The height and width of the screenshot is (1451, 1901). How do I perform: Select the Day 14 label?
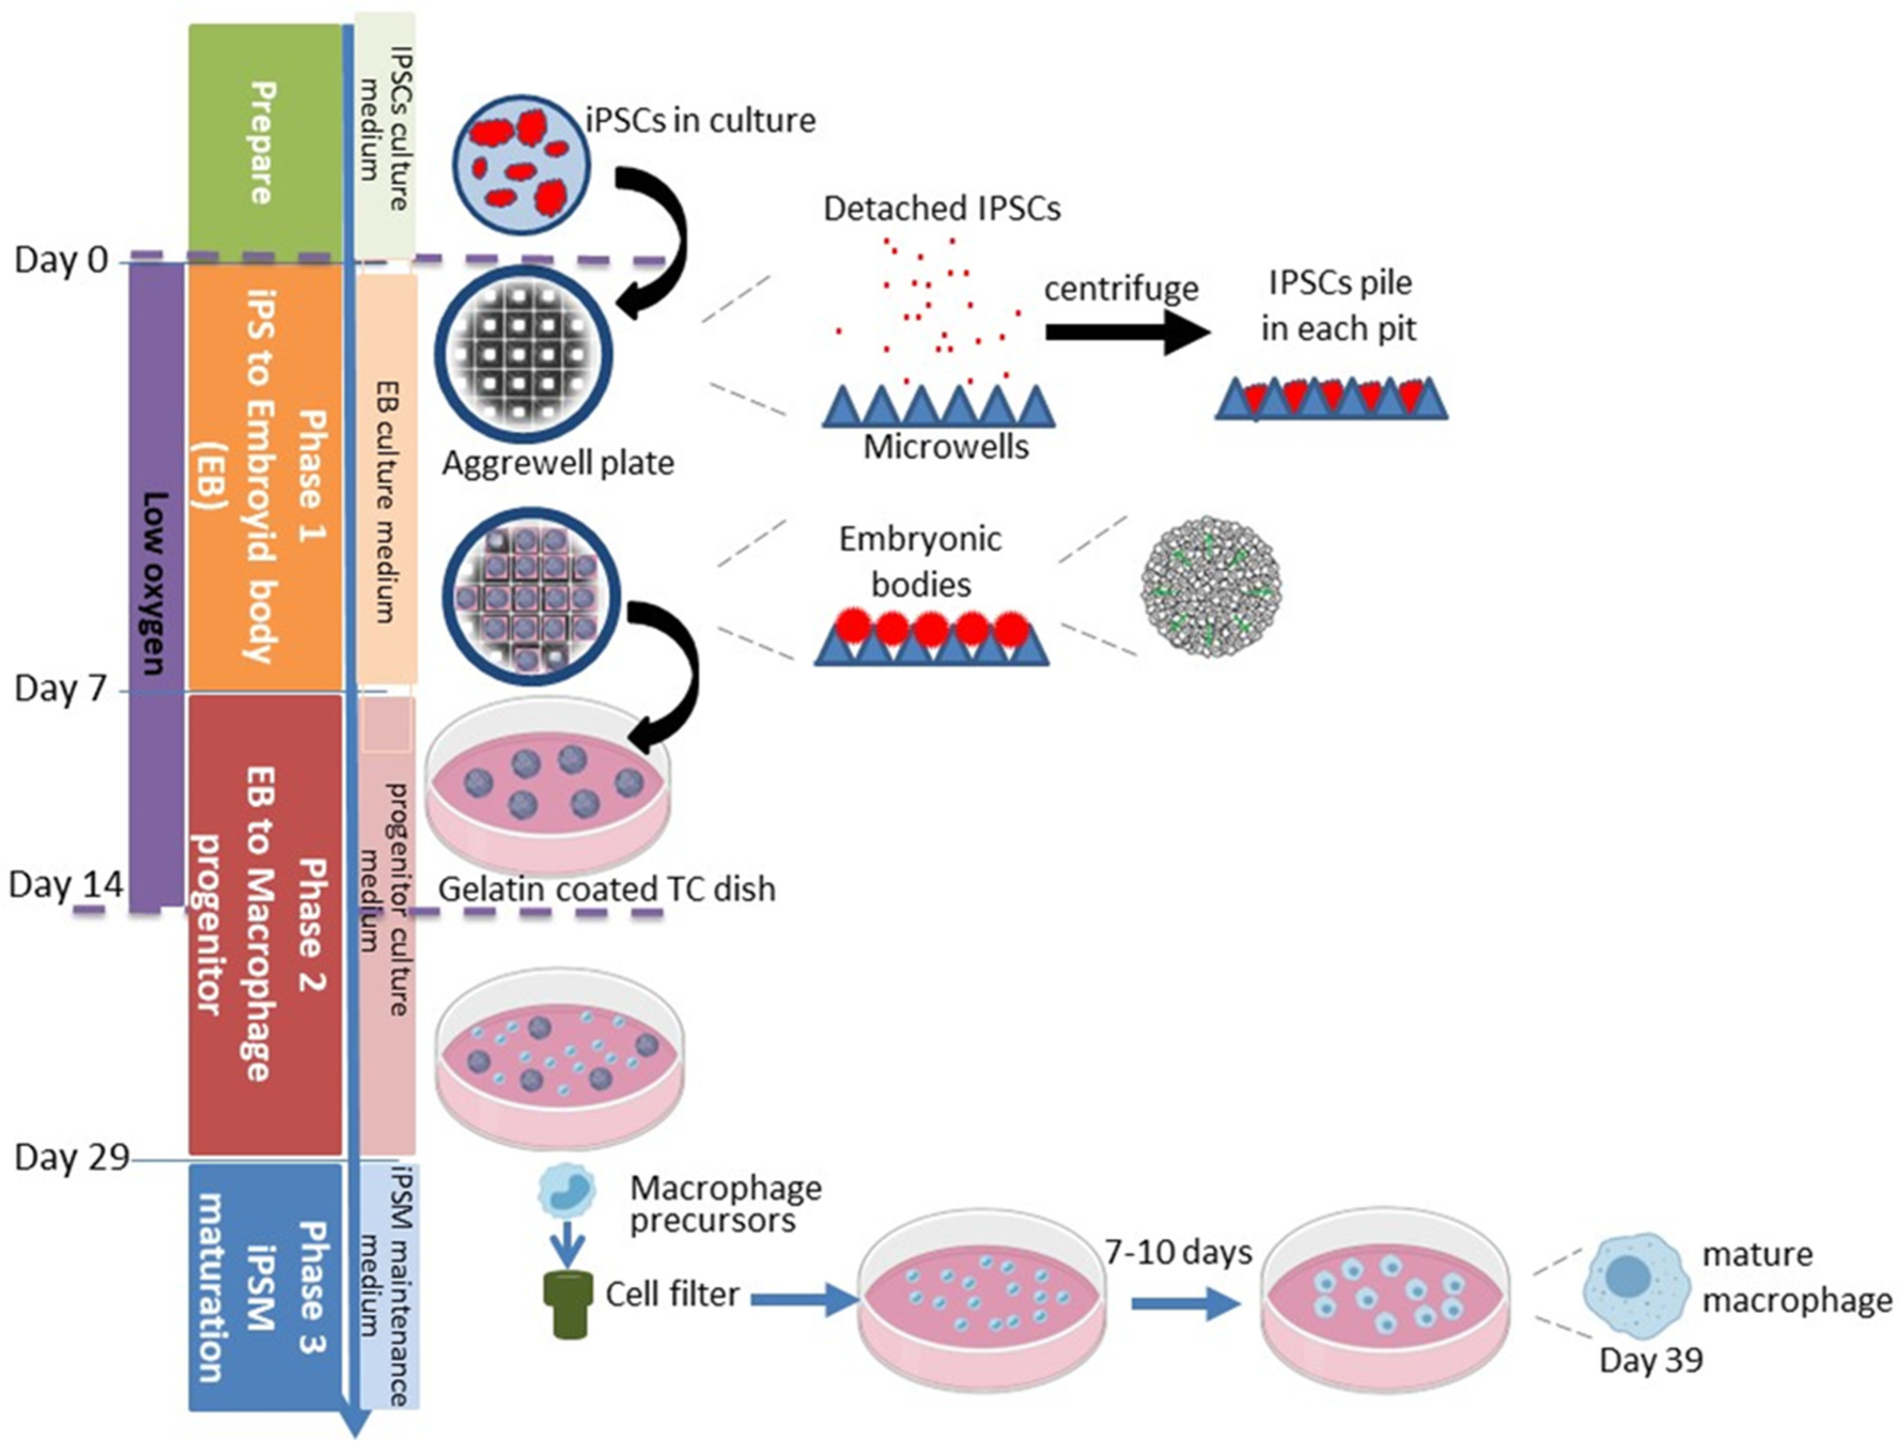(65, 885)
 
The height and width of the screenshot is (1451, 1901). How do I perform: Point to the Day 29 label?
(71, 1157)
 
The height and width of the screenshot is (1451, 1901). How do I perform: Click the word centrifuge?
(1120, 289)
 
